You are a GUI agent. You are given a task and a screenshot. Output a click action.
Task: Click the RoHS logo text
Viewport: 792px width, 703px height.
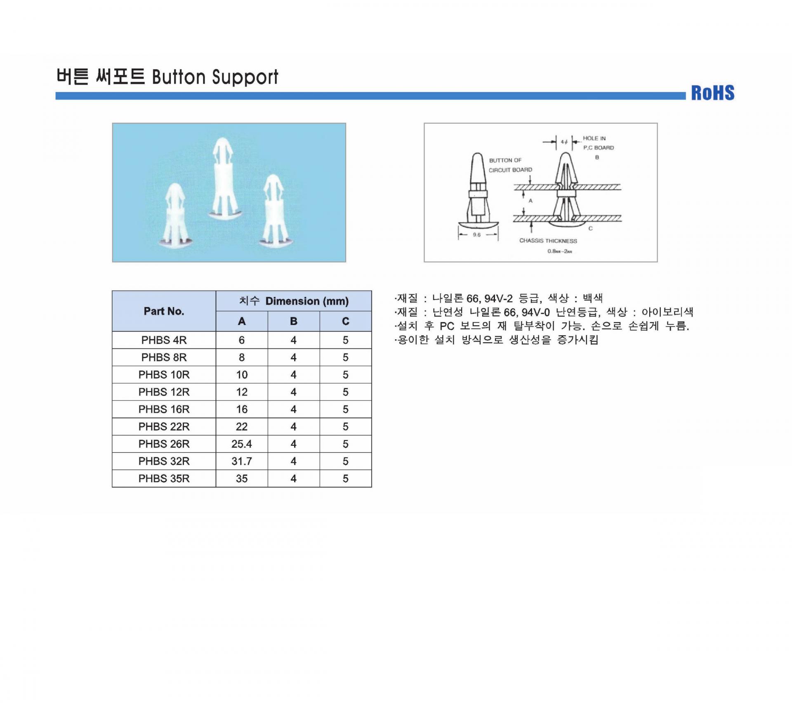(713, 93)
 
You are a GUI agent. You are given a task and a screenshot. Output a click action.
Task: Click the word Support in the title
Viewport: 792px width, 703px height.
(245, 77)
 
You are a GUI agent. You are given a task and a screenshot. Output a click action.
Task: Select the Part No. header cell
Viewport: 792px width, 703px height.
(164, 311)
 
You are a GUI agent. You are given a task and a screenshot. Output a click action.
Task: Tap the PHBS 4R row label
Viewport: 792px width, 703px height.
(164, 340)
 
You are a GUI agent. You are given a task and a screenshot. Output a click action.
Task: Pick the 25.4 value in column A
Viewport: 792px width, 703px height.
(242, 444)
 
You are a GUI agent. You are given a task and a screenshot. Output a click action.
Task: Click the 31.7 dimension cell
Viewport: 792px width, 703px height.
(242, 461)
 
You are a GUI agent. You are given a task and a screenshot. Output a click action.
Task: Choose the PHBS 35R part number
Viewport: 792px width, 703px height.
(164, 478)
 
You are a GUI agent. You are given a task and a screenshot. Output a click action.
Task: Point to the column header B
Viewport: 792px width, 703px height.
(294, 321)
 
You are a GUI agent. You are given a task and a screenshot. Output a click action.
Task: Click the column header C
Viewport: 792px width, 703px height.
(346, 321)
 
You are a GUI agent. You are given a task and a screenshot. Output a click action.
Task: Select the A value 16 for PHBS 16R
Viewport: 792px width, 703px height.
(242, 409)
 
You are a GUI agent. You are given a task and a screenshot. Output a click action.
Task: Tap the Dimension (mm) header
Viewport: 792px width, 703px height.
(307, 301)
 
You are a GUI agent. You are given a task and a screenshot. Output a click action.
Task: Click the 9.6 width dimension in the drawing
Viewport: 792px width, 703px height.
(477, 234)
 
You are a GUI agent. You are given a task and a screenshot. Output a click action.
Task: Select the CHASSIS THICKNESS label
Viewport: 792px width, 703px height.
(548, 241)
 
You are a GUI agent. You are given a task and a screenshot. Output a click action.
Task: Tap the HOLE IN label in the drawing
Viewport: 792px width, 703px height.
(594, 138)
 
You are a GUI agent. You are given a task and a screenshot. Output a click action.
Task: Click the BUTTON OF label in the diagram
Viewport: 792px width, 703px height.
(505, 160)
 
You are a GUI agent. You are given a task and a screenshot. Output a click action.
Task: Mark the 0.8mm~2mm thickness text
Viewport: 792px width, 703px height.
(560, 251)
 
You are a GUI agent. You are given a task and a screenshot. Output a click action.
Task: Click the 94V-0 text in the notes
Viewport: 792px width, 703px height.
(535, 312)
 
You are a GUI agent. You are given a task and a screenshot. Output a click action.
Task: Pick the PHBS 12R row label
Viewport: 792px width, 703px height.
(164, 392)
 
